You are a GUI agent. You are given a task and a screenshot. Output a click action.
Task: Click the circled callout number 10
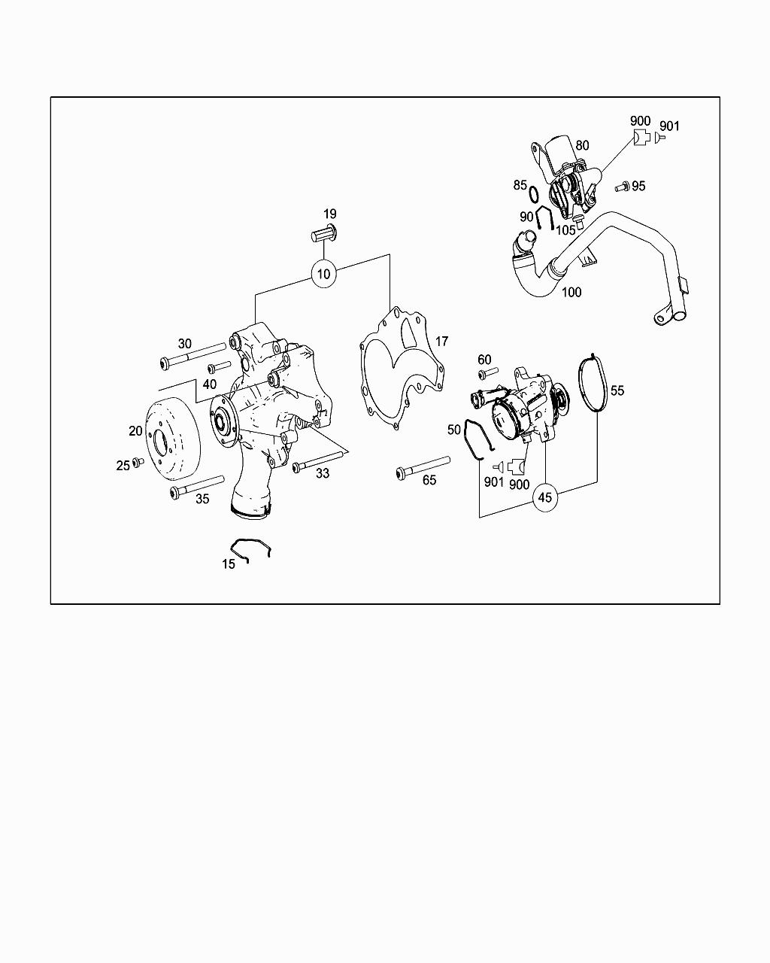323,274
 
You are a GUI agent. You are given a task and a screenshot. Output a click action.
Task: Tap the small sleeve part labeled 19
323,233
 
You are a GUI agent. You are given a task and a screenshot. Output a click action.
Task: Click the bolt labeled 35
197,485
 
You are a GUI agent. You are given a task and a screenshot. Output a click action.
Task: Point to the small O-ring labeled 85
533,195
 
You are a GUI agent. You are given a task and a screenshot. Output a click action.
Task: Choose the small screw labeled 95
622,186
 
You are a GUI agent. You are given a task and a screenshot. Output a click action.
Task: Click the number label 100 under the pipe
571,292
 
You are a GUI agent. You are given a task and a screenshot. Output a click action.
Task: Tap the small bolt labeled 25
138,462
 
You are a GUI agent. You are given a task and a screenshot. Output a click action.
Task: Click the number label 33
322,473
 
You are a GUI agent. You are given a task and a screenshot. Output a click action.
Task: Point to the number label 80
582,146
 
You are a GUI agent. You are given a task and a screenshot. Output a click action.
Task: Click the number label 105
565,230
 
